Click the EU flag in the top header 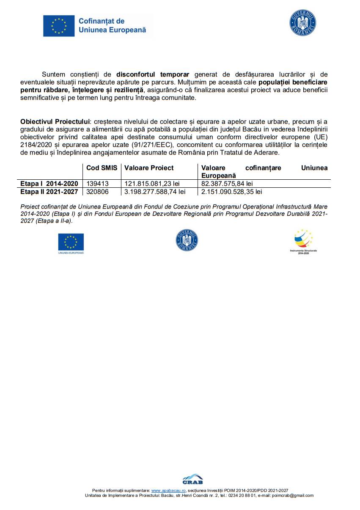pyautogui.click(x=59, y=25)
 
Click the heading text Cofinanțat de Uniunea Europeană pyautogui.click(x=112, y=25)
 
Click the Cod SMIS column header pyautogui.click(x=102, y=168)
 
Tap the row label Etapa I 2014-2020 pyautogui.click(x=49, y=184)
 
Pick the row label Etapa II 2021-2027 pyautogui.click(x=49, y=192)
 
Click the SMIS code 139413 pyautogui.click(x=97, y=184)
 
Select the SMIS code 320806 pyautogui.click(x=97, y=192)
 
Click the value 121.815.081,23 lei pyautogui.click(x=152, y=184)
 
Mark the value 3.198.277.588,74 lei pyautogui.click(x=155, y=192)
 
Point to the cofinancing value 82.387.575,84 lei pyautogui.click(x=227, y=184)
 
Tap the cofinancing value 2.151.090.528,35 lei pyautogui.click(x=231, y=192)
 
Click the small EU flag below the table pyautogui.click(x=71, y=242)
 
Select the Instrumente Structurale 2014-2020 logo pyautogui.click(x=303, y=241)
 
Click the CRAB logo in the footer pyautogui.click(x=192, y=479)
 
